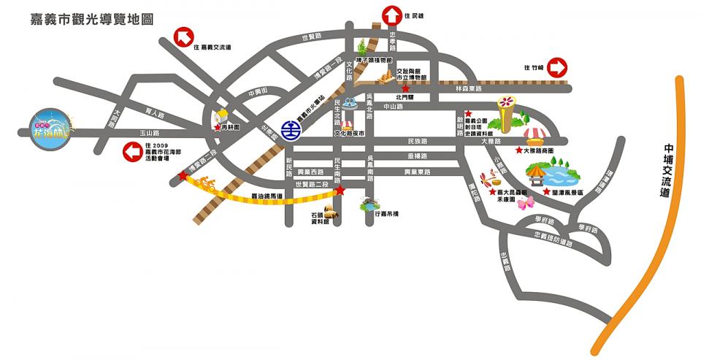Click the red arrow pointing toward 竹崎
558,68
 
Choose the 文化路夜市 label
349,134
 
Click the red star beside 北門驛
405,88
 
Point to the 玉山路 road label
149,133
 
